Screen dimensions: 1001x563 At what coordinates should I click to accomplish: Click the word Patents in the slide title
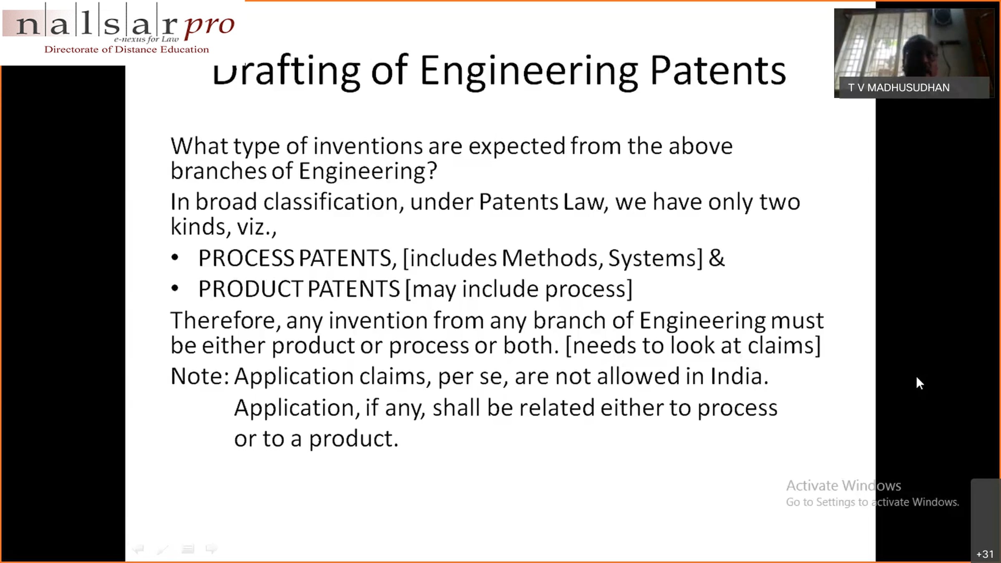click(718, 70)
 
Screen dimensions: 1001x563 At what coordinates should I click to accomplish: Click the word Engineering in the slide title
click(529, 73)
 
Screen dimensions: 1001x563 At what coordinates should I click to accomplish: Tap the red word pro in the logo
click(209, 26)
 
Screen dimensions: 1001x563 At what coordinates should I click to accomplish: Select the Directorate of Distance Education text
click(127, 50)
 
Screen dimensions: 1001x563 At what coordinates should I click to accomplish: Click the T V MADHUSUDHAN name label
click(899, 88)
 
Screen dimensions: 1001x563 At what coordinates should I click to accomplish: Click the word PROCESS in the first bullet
click(246, 258)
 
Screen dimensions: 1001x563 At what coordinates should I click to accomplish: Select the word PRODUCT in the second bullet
click(250, 289)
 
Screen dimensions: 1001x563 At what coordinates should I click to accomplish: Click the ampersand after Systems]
click(717, 258)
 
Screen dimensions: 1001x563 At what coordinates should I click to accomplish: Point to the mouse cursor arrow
click(920, 383)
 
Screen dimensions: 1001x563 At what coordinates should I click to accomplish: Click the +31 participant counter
click(985, 554)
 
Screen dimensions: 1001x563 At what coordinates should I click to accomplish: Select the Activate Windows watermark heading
click(843, 486)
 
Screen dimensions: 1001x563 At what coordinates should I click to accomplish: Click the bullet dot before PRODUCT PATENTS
click(175, 289)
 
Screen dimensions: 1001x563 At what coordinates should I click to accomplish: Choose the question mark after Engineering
click(432, 171)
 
